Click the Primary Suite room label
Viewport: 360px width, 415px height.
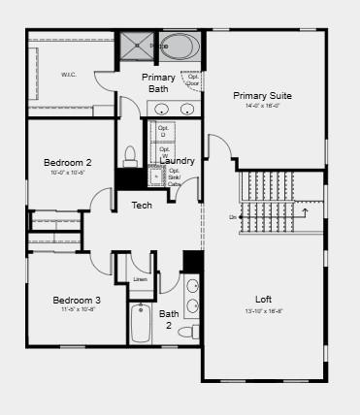click(262, 95)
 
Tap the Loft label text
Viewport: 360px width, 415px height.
click(263, 299)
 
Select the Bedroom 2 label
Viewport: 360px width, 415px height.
click(68, 162)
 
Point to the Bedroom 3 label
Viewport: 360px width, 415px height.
click(77, 300)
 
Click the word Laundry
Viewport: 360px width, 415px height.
click(177, 161)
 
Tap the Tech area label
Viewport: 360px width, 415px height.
click(142, 205)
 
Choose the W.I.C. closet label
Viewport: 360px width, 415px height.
click(68, 75)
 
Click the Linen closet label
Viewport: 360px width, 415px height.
click(140, 280)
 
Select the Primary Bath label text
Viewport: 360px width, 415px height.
click(158, 82)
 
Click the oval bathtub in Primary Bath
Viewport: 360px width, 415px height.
click(179, 46)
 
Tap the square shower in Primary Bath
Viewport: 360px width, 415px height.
click(136, 45)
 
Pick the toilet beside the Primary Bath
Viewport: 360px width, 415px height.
click(131, 157)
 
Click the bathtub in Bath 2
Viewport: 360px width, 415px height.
click(140, 323)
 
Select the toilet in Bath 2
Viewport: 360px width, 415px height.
click(195, 332)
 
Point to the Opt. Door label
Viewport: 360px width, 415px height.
click(193, 80)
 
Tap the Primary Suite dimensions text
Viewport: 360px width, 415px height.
click(262, 106)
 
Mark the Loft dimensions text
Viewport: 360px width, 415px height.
click(263, 311)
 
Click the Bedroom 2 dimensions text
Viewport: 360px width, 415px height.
click(68, 173)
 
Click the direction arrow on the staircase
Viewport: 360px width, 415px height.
click(306, 211)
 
